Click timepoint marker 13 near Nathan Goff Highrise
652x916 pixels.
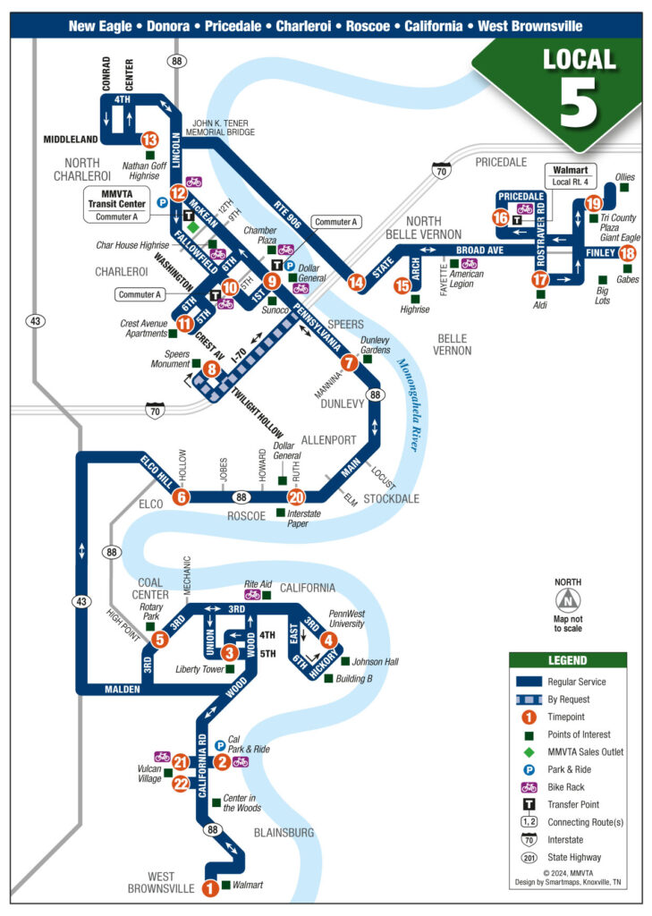[x=150, y=140]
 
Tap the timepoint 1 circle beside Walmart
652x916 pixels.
[x=210, y=888]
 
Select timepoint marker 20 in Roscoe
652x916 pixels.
[x=296, y=498]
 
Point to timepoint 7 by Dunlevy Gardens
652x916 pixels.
[x=350, y=362]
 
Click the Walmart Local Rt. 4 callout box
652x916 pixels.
[x=572, y=176]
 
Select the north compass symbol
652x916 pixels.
[x=567, y=601]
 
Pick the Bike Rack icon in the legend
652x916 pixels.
[x=529, y=787]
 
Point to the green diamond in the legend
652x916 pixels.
[x=529, y=751]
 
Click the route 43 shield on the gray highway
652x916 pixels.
[x=35, y=321]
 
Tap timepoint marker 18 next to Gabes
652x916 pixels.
[x=628, y=253]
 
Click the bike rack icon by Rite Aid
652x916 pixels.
[x=251, y=594]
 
